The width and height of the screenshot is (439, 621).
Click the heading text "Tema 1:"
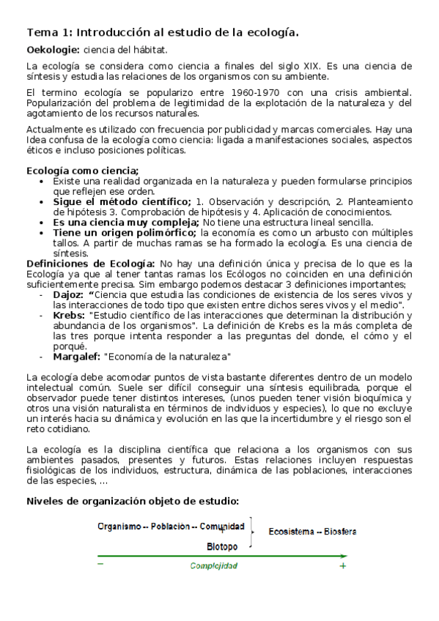[x=49, y=33]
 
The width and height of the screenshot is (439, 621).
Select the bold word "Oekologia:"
[x=54, y=50]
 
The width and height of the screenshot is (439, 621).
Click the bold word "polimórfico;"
[x=164, y=232]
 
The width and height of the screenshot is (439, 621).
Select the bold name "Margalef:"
[x=76, y=357]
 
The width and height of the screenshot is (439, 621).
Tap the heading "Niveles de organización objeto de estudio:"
[x=133, y=502]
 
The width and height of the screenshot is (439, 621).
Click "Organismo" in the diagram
[x=117, y=526]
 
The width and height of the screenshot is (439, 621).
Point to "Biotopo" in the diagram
[x=221, y=546]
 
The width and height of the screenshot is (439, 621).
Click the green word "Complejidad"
[x=213, y=566]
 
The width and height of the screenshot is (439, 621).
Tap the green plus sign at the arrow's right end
[x=342, y=566]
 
